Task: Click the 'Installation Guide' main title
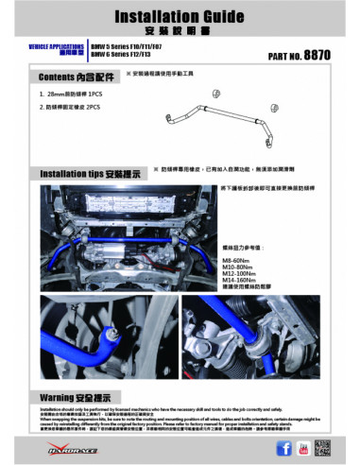[180, 17]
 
